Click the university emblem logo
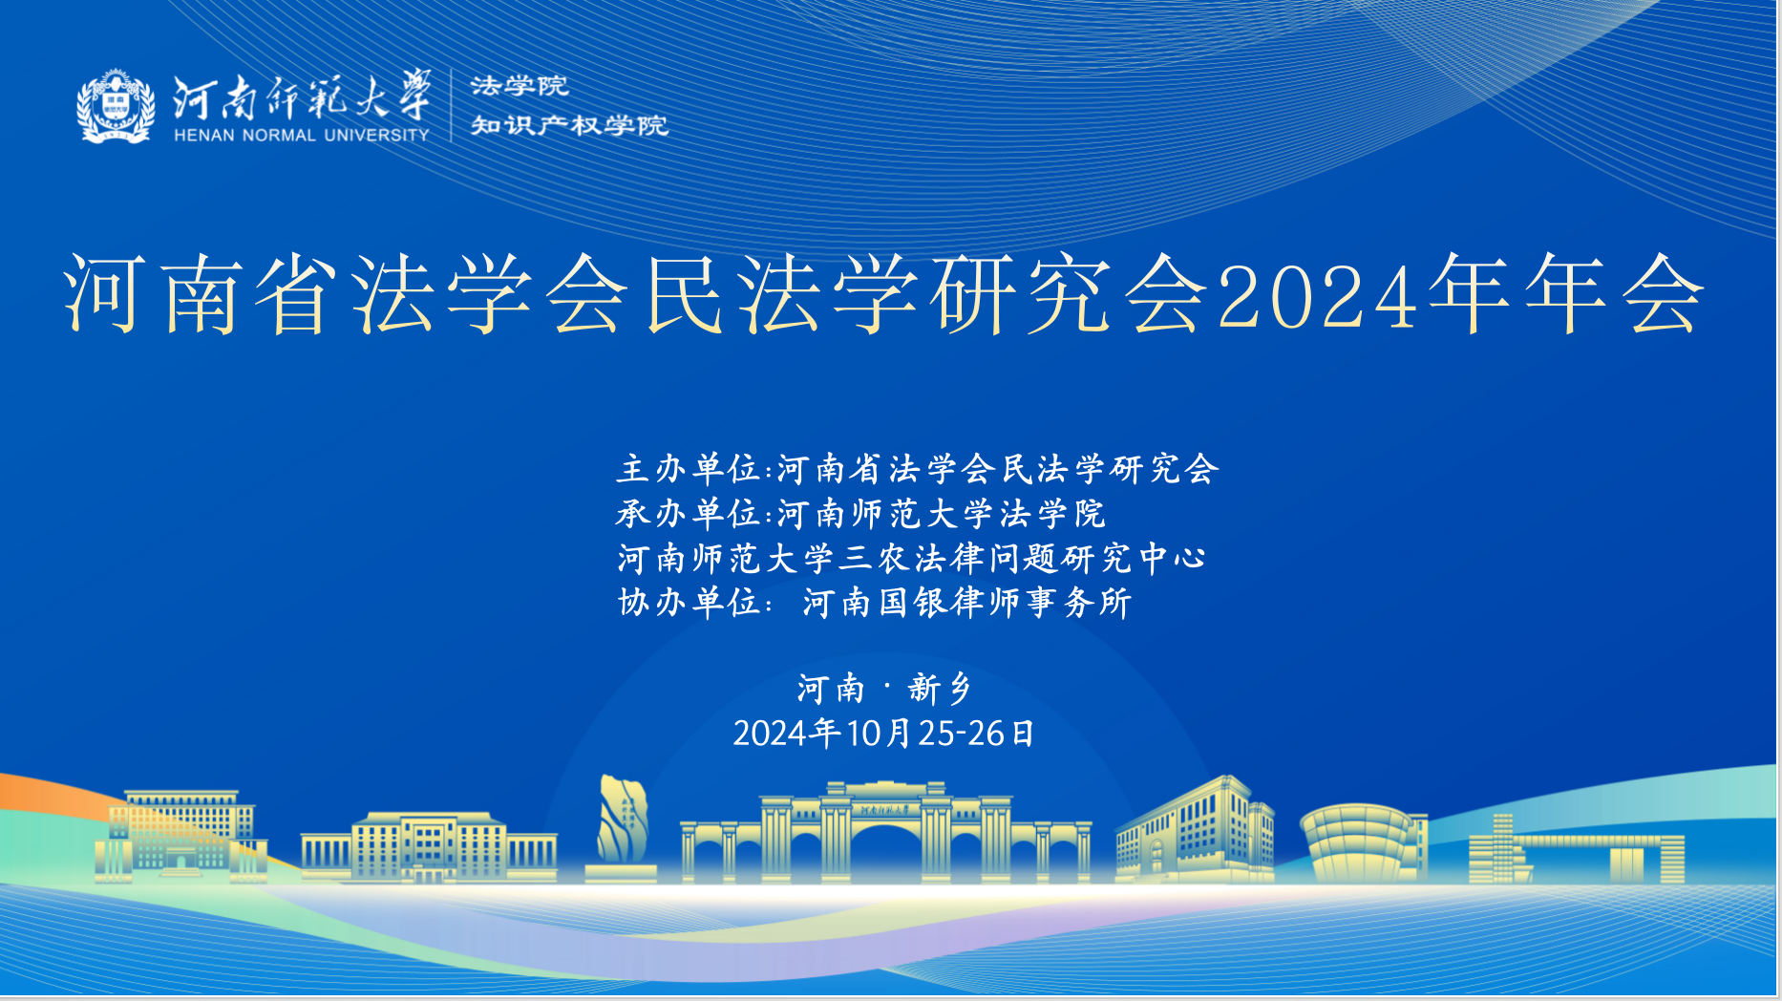pyautogui.click(x=116, y=106)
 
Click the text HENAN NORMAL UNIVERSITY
pyautogui.click(x=302, y=136)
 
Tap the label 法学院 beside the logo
pyautogui.click(x=520, y=86)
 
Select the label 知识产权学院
pyautogui.click(x=569, y=125)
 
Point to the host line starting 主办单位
pyautogui.click(x=918, y=469)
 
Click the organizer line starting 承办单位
pyautogui.click(x=860, y=514)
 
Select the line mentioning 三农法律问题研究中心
pyautogui.click(x=912, y=558)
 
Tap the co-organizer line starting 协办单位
pyautogui.click(x=875, y=603)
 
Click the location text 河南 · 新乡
pyautogui.click(x=884, y=689)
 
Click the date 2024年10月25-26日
pyautogui.click(x=884, y=734)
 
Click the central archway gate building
pyautogui.click(x=885, y=831)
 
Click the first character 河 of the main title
pyautogui.click(x=106, y=294)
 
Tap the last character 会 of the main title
pyautogui.click(x=1663, y=294)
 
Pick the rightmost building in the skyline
pyautogui.click(x=1576, y=849)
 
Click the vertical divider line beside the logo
pyautogui.click(x=451, y=105)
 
